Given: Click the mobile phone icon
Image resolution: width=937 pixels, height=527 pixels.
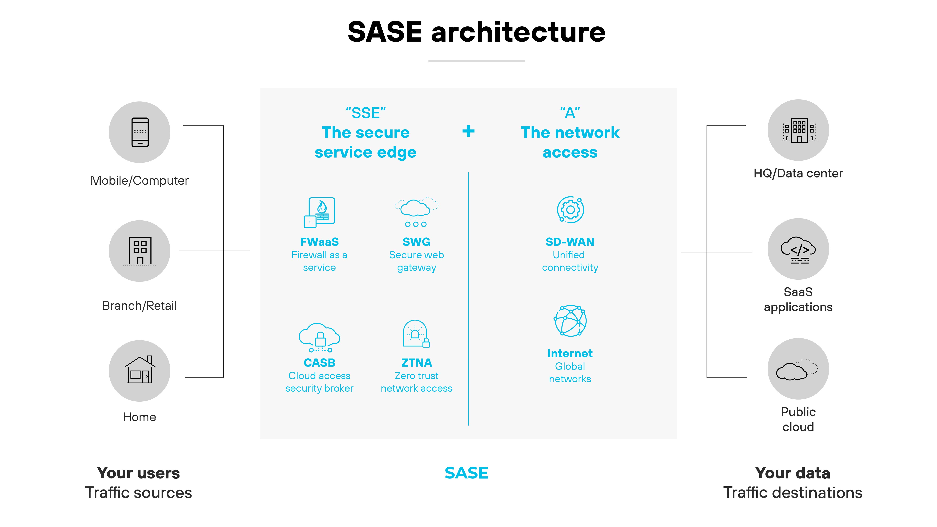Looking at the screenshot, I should pos(140,132).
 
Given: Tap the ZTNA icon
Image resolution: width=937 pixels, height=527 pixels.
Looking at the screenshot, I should pos(416,334).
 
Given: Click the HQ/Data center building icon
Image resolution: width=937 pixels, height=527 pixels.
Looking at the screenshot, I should pos(798,130).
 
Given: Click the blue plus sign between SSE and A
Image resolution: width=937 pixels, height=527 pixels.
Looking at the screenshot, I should pos(468,131).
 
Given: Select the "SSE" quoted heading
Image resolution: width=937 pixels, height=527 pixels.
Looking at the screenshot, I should pos(366,113).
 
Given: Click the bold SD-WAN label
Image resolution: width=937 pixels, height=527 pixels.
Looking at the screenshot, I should pos(570,242).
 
